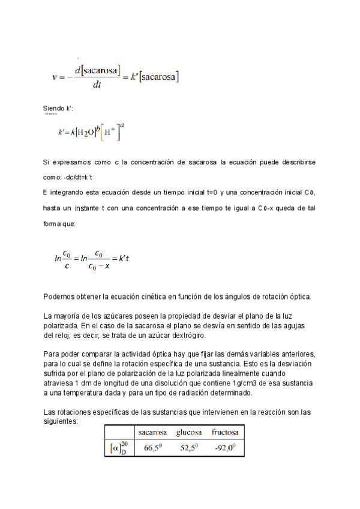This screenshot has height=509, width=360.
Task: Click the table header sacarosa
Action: click(x=153, y=432)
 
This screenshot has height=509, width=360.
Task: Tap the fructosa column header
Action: click(x=225, y=432)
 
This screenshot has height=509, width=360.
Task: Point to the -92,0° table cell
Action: click(x=226, y=447)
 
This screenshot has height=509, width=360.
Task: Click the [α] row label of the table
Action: click(x=119, y=447)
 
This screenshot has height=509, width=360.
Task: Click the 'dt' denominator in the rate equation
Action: click(x=97, y=85)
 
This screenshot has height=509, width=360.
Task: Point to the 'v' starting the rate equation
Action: click(x=55, y=77)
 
